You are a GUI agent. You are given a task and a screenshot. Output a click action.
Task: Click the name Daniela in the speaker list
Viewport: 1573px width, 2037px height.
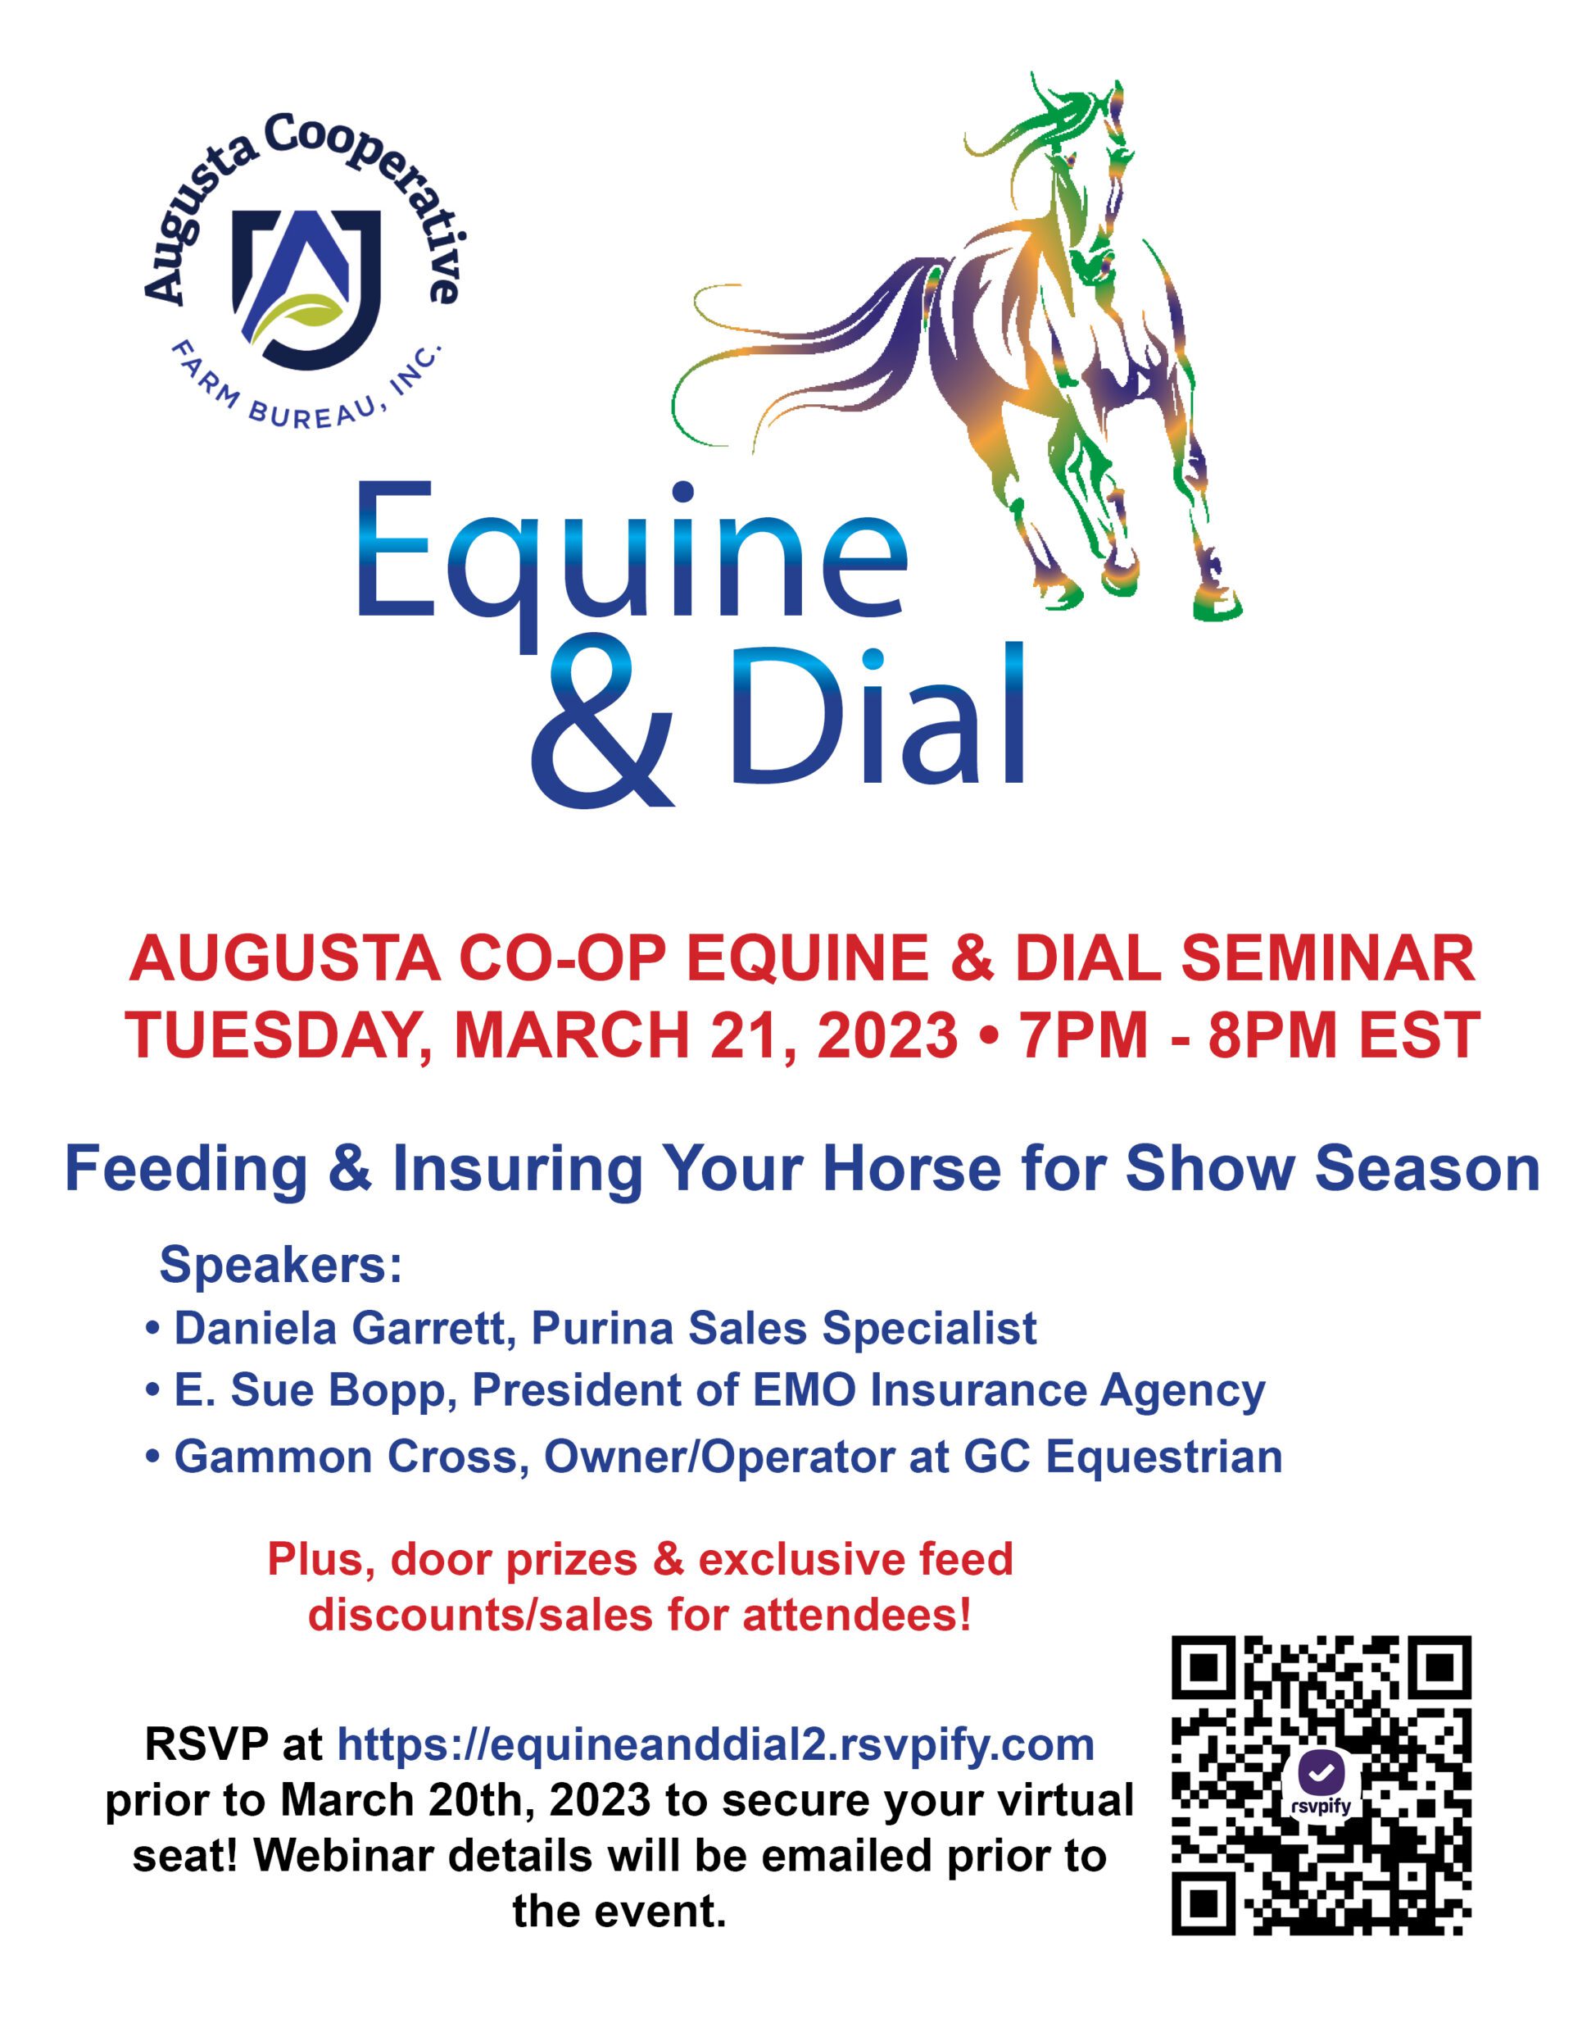256,1328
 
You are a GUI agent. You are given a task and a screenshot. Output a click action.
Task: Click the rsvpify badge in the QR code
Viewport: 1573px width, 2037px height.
1321,1785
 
